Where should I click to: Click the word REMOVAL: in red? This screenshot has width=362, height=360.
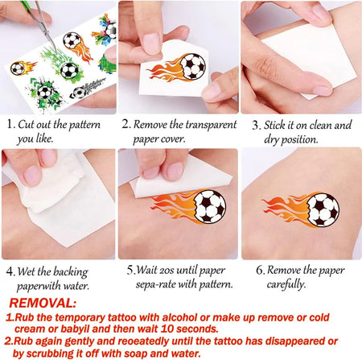[x=44, y=304]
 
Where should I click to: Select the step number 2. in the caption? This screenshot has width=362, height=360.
[x=126, y=125]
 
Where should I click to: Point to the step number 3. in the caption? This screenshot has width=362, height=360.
[x=256, y=125]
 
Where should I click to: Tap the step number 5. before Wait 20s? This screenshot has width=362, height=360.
[x=130, y=270]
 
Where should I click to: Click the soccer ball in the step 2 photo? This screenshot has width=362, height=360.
[x=192, y=66]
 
